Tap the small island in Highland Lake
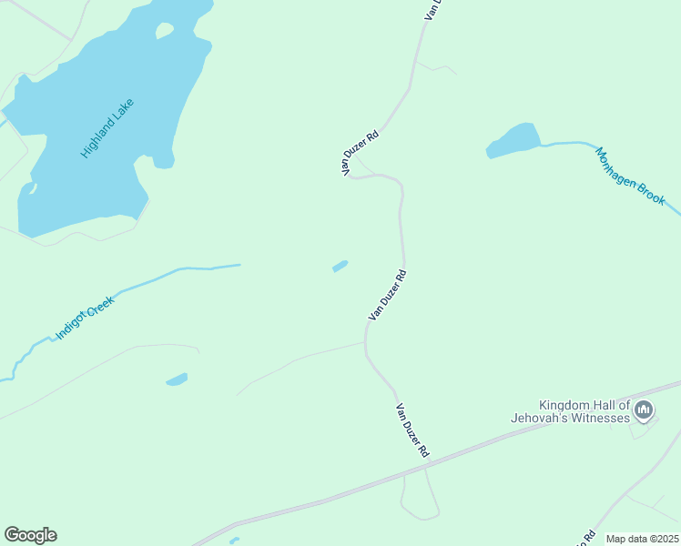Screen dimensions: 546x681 pos(164,31)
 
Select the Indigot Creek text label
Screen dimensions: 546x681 pos(85,317)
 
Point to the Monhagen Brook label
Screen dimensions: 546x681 pos(630,175)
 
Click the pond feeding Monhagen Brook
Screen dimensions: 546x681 pos(514,141)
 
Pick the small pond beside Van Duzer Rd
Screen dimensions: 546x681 pos(340,267)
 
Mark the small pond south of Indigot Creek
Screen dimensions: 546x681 pos(177,379)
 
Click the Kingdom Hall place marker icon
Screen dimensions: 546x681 pos(644,411)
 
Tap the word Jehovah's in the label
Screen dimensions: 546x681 pos(545,418)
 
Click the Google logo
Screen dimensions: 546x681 pos(30,535)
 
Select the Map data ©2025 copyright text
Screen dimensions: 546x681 pos(643,539)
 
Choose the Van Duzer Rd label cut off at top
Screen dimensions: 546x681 pos(432,9)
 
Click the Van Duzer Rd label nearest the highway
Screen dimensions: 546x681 pos(412,430)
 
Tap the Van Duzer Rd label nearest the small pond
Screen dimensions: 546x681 pos(387,294)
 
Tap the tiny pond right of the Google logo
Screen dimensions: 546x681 pos(234,541)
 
